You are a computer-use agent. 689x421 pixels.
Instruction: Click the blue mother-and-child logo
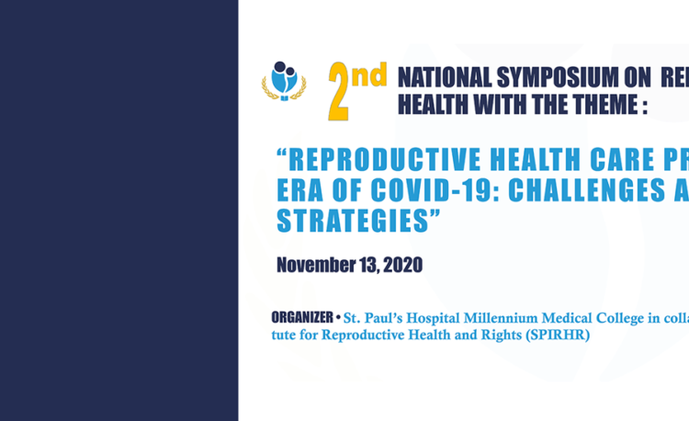pos(284,81)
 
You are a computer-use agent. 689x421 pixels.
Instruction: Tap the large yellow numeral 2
pos(338,91)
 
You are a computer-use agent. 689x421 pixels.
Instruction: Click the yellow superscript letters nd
pos(369,74)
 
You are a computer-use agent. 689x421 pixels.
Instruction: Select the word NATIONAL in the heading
pos(445,77)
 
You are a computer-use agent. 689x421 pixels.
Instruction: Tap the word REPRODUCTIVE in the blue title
pos(385,159)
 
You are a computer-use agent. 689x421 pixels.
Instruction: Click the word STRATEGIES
pos(353,221)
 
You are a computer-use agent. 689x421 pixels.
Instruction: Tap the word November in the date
pos(316,265)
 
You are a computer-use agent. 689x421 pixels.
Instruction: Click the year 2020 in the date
pos(403,265)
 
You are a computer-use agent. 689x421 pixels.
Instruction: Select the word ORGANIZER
pos(302,317)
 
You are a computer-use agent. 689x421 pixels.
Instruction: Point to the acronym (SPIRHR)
pos(558,335)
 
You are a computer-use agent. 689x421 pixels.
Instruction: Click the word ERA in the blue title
pos(299,190)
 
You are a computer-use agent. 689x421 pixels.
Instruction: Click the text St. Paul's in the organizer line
pos(373,318)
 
